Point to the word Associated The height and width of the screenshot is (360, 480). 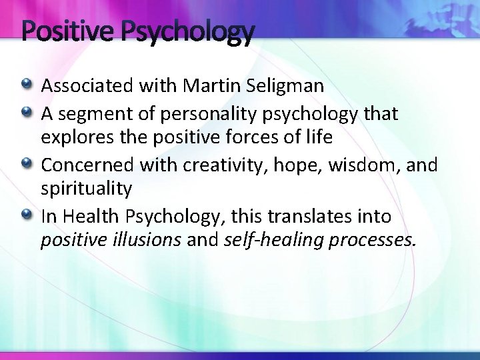click(x=87, y=85)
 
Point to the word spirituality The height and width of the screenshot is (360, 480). click(x=87, y=188)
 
